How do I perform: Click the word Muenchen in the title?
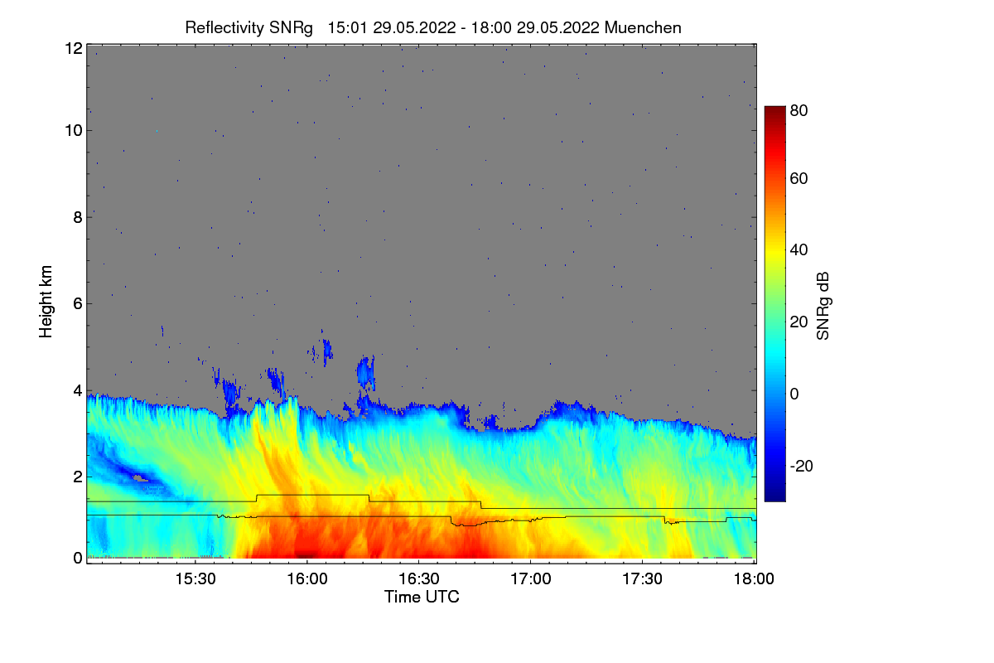click(x=643, y=27)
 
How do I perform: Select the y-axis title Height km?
click(x=46, y=301)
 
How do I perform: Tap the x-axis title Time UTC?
click(x=422, y=597)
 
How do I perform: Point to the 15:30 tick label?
click(x=196, y=579)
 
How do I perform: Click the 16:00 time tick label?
click(x=306, y=579)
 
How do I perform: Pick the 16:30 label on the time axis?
click(x=419, y=579)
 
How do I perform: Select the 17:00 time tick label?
click(x=531, y=579)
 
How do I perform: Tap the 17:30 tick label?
click(x=643, y=579)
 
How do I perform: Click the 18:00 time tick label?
click(x=754, y=579)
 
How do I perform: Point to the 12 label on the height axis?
click(x=73, y=49)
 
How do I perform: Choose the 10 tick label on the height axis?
click(x=73, y=130)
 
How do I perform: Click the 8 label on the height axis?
click(x=77, y=217)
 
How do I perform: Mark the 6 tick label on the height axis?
click(x=77, y=303)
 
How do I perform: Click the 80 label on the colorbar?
click(x=799, y=109)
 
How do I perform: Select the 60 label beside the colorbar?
click(x=799, y=179)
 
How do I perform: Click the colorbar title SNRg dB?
click(x=823, y=307)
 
